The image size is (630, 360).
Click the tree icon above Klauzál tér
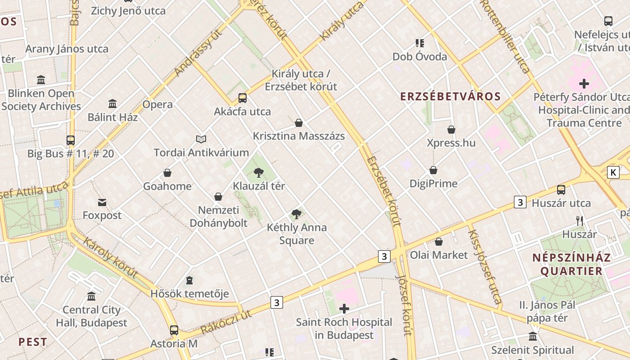[x=258, y=172]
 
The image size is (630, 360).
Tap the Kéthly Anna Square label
[x=297, y=234]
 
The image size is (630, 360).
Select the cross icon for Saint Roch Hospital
[x=344, y=309]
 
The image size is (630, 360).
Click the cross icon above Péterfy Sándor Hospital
[x=584, y=84]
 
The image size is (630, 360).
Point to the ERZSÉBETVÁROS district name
[x=450, y=96]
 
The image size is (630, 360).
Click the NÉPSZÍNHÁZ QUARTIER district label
[x=571, y=264]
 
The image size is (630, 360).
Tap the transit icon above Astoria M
[x=174, y=330]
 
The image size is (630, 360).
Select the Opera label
[x=157, y=104]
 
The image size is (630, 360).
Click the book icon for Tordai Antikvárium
[x=201, y=139]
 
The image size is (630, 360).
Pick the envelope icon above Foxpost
[x=102, y=202]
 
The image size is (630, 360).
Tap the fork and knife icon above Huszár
[x=580, y=221]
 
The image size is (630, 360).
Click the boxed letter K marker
[x=613, y=172]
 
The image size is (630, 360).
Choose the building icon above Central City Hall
[x=91, y=297]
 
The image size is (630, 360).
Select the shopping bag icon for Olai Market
[x=439, y=242]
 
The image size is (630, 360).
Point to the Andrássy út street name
[x=198, y=53]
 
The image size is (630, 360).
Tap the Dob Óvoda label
[x=420, y=57]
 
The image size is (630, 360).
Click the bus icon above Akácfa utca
[x=243, y=98]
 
